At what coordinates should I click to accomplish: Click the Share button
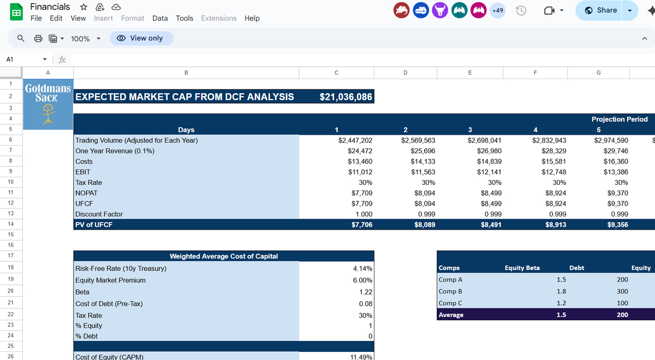(x=600, y=10)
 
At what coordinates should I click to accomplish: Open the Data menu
(x=160, y=18)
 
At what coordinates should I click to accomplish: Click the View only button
(x=141, y=38)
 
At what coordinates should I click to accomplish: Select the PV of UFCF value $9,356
(x=617, y=224)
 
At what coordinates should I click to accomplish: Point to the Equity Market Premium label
(x=110, y=280)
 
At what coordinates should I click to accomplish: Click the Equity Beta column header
(x=522, y=268)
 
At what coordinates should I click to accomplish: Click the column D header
(x=404, y=73)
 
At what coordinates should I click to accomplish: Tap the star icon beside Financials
(x=84, y=7)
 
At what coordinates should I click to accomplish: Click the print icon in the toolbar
(x=38, y=39)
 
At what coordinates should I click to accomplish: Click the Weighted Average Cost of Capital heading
(x=224, y=256)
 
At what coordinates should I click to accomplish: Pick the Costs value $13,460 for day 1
(x=360, y=161)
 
